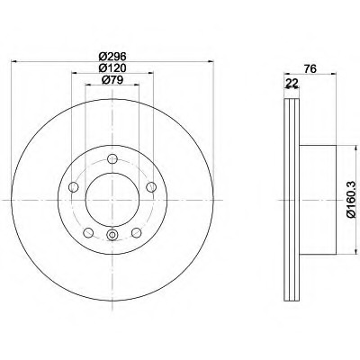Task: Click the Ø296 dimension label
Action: [112, 56]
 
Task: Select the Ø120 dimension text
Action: [112, 68]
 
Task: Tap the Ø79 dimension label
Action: [112, 80]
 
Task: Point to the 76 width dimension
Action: [310, 69]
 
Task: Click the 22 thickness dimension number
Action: [292, 83]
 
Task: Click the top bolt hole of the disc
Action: [112, 159]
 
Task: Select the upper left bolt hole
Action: [74, 187]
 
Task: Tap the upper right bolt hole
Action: [151, 187]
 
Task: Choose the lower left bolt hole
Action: [88, 232]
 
